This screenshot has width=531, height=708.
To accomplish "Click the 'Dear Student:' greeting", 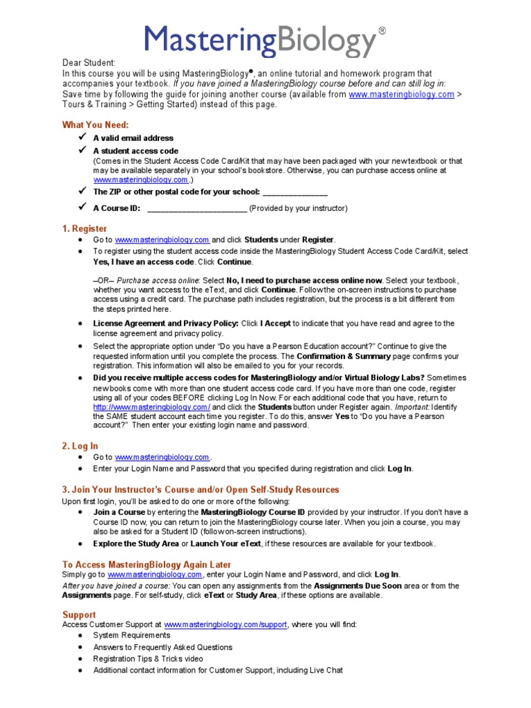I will pos(89,62).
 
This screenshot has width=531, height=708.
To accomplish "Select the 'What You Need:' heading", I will pos(95,124).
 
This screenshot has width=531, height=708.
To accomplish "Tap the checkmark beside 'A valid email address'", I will pos(82,138).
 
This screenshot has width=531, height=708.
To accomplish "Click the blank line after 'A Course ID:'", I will pos(197,208).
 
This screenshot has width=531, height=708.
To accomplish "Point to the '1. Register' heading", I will pos(85,228).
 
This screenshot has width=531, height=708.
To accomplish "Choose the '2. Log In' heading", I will pos(80,446).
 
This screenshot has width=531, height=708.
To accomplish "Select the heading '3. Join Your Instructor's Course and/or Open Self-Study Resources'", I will pos(201,490).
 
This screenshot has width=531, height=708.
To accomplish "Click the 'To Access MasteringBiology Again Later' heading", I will pos(147,565).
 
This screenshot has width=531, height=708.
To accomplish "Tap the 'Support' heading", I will pos(79,615).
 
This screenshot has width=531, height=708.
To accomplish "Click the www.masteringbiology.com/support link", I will pos(225,624).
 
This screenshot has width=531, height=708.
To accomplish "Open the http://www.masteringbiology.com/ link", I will pos(142,408).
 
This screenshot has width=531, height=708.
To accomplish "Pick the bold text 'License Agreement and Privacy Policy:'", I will pos(166,323).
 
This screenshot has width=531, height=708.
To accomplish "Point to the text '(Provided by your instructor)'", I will pos(298,208).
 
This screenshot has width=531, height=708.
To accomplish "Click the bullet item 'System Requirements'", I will pos(131,635).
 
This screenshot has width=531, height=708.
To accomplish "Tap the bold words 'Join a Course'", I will pos(119,512).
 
